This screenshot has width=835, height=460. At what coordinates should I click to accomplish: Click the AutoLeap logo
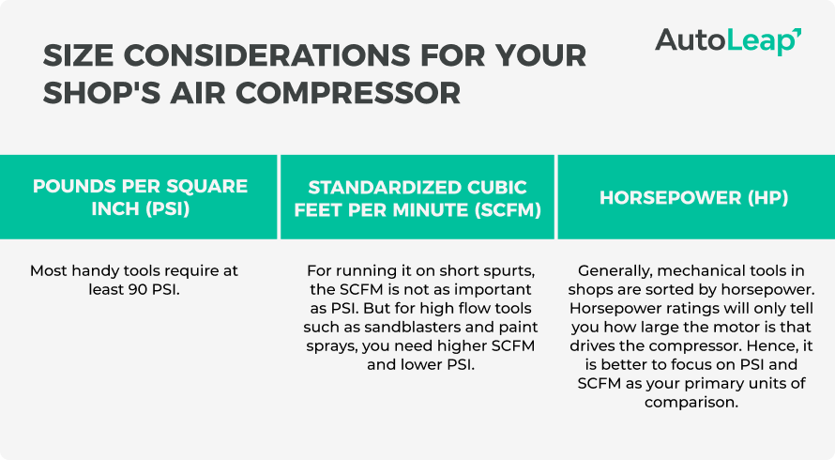(727, 40)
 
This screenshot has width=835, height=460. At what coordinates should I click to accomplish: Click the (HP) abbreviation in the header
(762, 198)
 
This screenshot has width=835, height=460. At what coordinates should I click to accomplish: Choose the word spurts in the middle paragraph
(507, 270)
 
